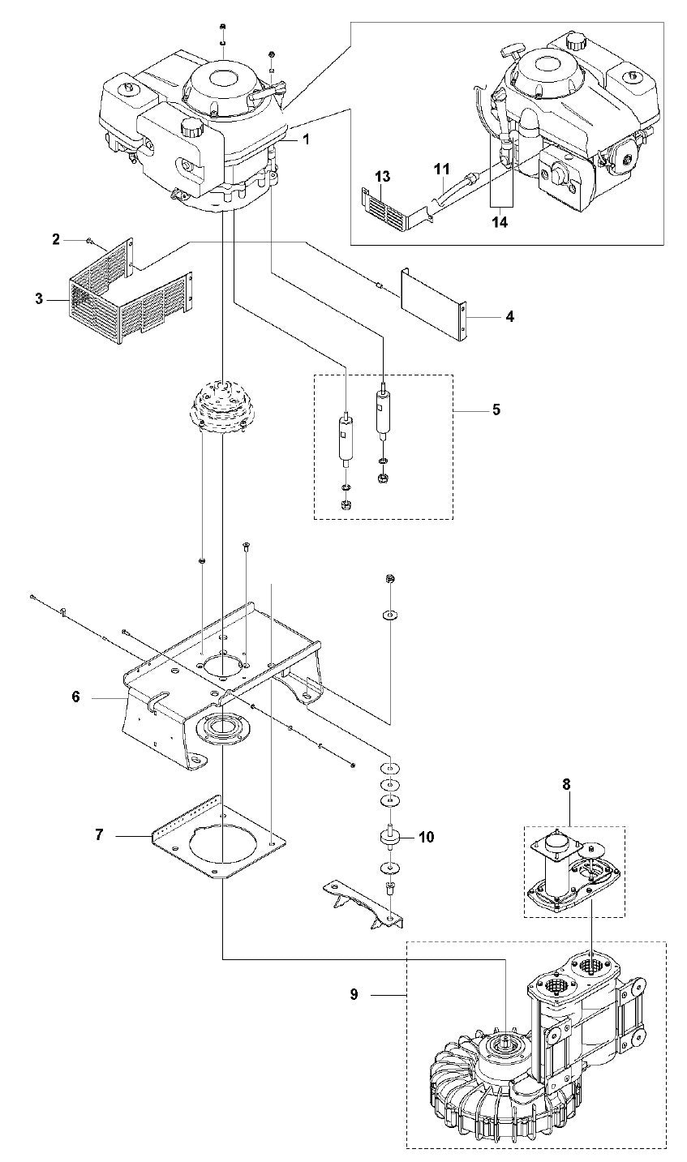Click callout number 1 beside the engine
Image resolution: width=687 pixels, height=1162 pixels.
pyautogui.click(x=306, y=139)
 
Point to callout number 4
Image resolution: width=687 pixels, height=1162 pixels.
pyautogui.click(x=509, y=315)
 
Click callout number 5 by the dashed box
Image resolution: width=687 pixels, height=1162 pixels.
pyautogui.click(x=496, y=409)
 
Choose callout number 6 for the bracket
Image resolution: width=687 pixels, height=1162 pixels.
pyautogui.click(x=76, y=696)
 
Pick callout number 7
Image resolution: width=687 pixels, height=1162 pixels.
pyautogui.click(x=99, y=834)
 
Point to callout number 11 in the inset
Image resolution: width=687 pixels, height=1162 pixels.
pyautogui.click(x=440, y=169)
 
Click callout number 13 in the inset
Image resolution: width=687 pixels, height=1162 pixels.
pyautogui.click(x=383, y=176)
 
